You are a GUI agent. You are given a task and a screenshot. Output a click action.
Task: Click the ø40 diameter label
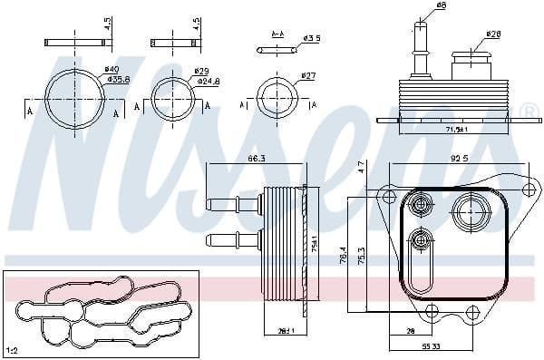tap(112, 70)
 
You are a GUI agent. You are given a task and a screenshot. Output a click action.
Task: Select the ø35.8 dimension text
tap(118, 80)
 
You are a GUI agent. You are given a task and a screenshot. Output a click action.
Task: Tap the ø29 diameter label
tap(202, 71)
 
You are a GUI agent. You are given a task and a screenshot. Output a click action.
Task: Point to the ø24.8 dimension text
tap(209, 81)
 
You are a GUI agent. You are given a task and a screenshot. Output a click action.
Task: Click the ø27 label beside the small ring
tap(307, 75)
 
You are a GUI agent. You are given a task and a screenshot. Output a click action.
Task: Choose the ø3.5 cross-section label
tap(310, 37)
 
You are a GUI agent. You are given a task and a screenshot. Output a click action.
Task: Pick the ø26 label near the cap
tap(494, 35)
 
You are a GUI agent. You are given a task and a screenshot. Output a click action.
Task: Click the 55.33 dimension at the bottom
tap(432, 347)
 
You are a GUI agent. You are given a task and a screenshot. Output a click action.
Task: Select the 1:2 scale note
tap(14, 349)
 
